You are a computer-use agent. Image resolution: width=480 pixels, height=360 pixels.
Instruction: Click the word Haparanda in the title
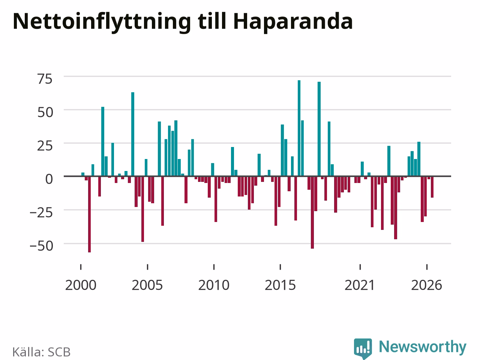[x=293, y=22]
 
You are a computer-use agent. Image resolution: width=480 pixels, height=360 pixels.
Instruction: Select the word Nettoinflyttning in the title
[x=102, y=22]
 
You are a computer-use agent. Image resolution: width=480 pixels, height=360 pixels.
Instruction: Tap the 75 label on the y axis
[x=45, y=79]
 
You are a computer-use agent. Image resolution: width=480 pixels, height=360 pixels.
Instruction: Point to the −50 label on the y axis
[x=41, y=246]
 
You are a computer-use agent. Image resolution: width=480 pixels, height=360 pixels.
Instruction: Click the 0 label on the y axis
[x=49, y=179]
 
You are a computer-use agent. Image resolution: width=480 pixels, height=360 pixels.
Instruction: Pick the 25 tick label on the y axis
[x=45, y=146]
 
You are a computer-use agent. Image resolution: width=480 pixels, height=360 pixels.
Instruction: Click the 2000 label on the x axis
[x=81, y=285]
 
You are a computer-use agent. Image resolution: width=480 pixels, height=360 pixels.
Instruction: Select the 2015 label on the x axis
[x=280, y=285]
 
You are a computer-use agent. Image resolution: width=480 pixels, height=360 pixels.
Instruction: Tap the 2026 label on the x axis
[x=427, y=285]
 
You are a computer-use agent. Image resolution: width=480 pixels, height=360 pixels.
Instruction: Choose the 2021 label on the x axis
[x=360, y=285]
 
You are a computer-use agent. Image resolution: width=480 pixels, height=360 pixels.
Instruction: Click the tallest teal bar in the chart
[x=299, y=128]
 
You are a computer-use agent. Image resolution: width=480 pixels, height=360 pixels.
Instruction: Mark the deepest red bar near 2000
[x=90, y=214]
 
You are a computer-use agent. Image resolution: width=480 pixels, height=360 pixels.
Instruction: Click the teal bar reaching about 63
[x=133, y=134]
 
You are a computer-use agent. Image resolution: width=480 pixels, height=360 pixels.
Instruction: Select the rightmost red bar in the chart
[x=432, y=187]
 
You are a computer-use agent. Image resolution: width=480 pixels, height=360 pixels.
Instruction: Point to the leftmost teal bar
[x=83, y=174]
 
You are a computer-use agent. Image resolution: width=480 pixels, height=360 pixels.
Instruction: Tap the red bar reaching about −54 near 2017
[x=312, y=212]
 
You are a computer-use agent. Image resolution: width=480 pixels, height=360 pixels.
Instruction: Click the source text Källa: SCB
[x=41, y=352]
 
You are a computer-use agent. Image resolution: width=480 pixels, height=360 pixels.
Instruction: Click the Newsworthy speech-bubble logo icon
[x=363, y=348]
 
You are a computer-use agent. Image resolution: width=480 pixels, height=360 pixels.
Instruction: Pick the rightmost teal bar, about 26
[x=419, y=159]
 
